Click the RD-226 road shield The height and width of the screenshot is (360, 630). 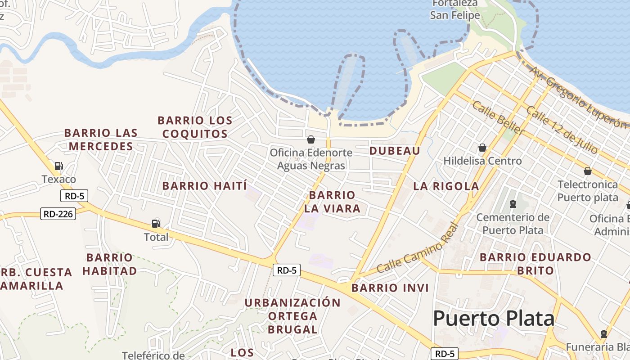point(58,214)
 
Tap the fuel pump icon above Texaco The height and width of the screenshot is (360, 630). point(58,166)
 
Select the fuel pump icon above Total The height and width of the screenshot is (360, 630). point(156,223)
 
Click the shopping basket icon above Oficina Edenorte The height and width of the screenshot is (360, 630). point(310,139)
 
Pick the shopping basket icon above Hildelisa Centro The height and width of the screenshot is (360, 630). point(482,148)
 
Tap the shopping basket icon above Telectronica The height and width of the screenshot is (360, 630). point(587,171)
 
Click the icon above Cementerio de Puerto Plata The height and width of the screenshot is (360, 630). point(513,204)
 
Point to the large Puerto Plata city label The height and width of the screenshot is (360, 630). point(493,319)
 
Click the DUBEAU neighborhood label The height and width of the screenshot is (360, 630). point(395,151)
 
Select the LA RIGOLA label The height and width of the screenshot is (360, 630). point(446,186)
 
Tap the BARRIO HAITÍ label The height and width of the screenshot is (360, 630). point(205,186)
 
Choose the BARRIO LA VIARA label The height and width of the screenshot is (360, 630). point(332,202)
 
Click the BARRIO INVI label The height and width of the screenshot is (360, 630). point(390,288)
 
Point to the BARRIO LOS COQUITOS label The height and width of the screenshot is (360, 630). point(195,127)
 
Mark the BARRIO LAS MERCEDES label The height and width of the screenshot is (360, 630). point(101,139)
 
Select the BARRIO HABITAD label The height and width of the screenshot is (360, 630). point(109,264)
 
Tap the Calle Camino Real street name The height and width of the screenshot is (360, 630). point(417,248)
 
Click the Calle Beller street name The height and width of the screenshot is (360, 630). point(498,118)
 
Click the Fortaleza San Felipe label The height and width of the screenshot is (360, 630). point(455,10)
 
